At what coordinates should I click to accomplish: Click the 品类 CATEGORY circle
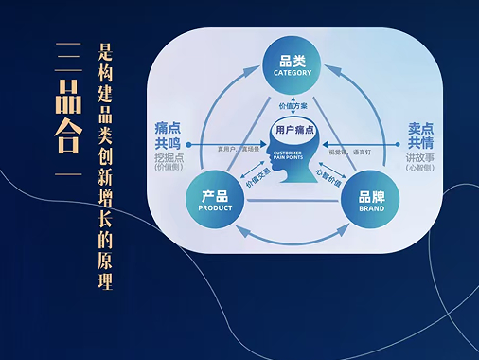point(293,66)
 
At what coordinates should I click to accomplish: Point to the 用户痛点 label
point(293,128)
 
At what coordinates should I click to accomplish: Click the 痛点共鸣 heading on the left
point(173,135)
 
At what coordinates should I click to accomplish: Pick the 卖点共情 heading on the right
point(421,135)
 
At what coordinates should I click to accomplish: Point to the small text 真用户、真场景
point(238,149)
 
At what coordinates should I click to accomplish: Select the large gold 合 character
point(65,138)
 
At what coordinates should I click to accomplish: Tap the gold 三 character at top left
point(65,54)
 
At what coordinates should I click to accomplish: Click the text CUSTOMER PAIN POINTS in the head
point(288,157)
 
